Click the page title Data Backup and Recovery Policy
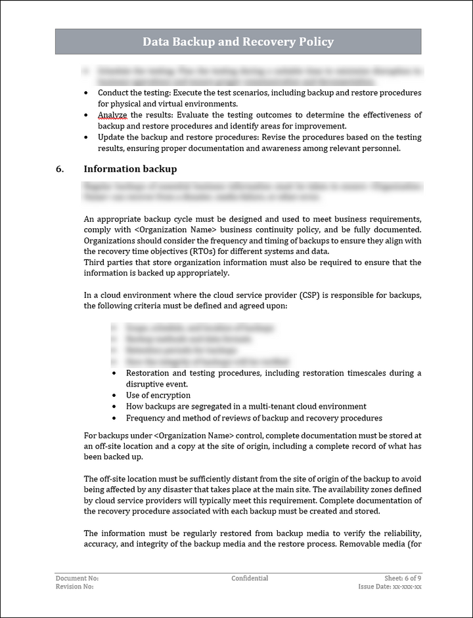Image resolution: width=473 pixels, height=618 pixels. pos(238,42)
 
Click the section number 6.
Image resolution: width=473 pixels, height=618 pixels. pos(60,169)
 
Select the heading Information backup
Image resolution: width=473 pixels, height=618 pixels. pos(130,169)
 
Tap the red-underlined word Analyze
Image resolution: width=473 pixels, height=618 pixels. pos(112,115)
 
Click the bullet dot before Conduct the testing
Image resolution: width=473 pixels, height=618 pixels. pos(88,93)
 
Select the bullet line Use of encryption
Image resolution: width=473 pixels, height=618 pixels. pos(158,396)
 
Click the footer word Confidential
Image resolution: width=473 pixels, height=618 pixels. pos(250,578)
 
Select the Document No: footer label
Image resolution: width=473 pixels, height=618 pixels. pos(77,578)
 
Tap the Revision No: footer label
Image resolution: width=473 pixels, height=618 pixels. pos(74,587)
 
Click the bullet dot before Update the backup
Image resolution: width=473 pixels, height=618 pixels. pos(88,138)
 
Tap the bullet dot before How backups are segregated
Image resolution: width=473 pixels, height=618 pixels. pos(116,407)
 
